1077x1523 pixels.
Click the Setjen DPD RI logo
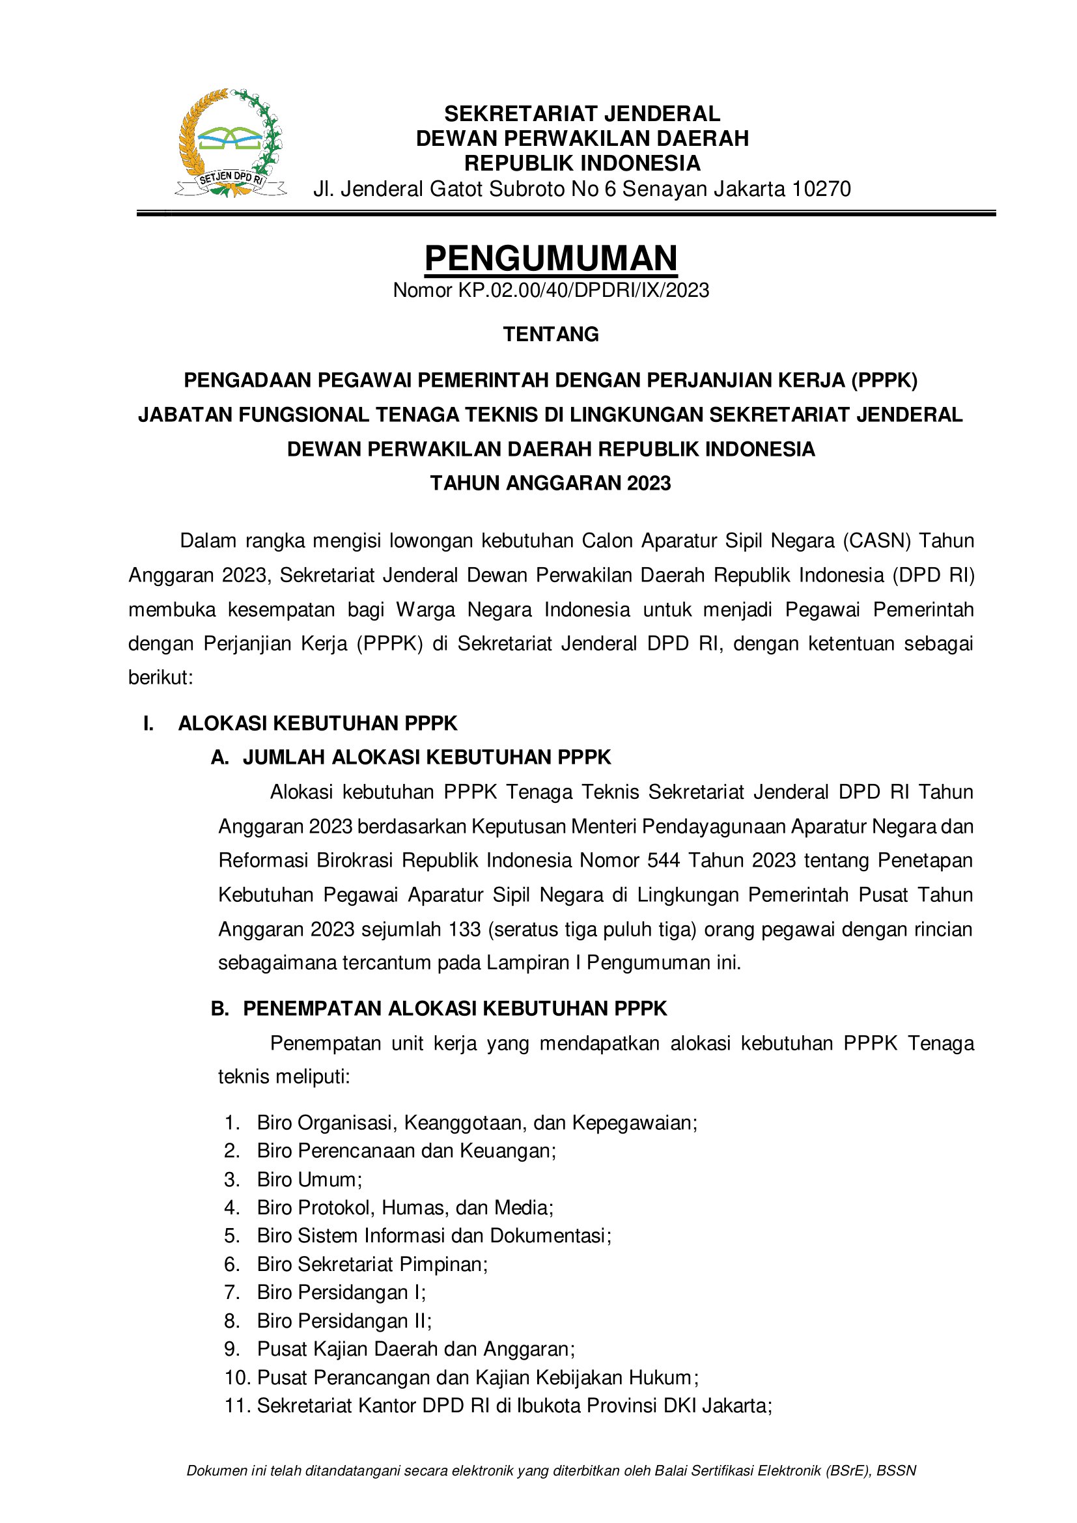tap(231, 143)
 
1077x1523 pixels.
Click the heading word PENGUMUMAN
tap(550, 258)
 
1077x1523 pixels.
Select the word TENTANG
tap(550, 334)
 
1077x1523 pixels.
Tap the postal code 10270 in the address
tap(821, 189)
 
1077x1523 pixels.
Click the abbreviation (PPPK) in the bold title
tap(885, 381)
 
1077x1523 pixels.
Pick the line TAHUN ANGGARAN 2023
tap(550, 484)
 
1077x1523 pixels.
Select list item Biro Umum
tap(309, 1179)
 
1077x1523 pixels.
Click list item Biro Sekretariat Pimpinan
tap(372, 1265)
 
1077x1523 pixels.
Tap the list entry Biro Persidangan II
tap(344, 1321)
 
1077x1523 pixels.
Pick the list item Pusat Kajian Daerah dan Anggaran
tap(416, 1349)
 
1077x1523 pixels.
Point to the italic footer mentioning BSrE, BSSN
tap(551, 1471)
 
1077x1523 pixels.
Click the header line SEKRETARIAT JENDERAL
tap(581, 114)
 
